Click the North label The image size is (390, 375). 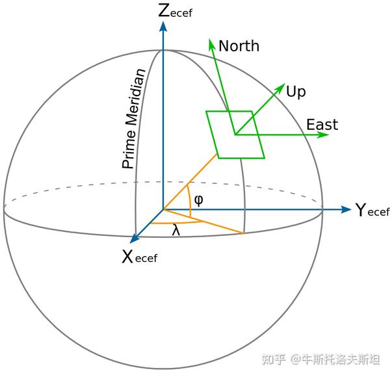tap(239, 46)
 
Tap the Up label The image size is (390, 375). tap(296, 92)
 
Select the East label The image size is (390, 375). tap(322, 125)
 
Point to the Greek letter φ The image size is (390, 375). tap(199, 200)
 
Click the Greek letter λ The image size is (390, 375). tap(175, 230)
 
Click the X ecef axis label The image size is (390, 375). tap(139, 257)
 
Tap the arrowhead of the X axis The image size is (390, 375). tap(135, 239)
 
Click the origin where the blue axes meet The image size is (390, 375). tap(162, 210)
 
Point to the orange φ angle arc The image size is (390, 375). tap(190, 198)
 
